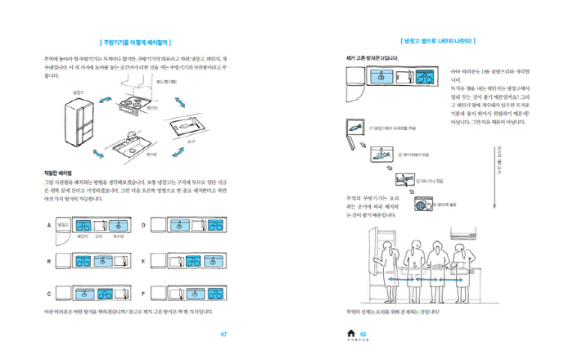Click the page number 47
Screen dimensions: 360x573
224,334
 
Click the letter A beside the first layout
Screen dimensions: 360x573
50,224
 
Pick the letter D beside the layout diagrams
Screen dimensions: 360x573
143,224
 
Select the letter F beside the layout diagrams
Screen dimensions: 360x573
143,292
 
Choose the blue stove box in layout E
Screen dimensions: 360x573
207,262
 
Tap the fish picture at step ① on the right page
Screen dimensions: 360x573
353,128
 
